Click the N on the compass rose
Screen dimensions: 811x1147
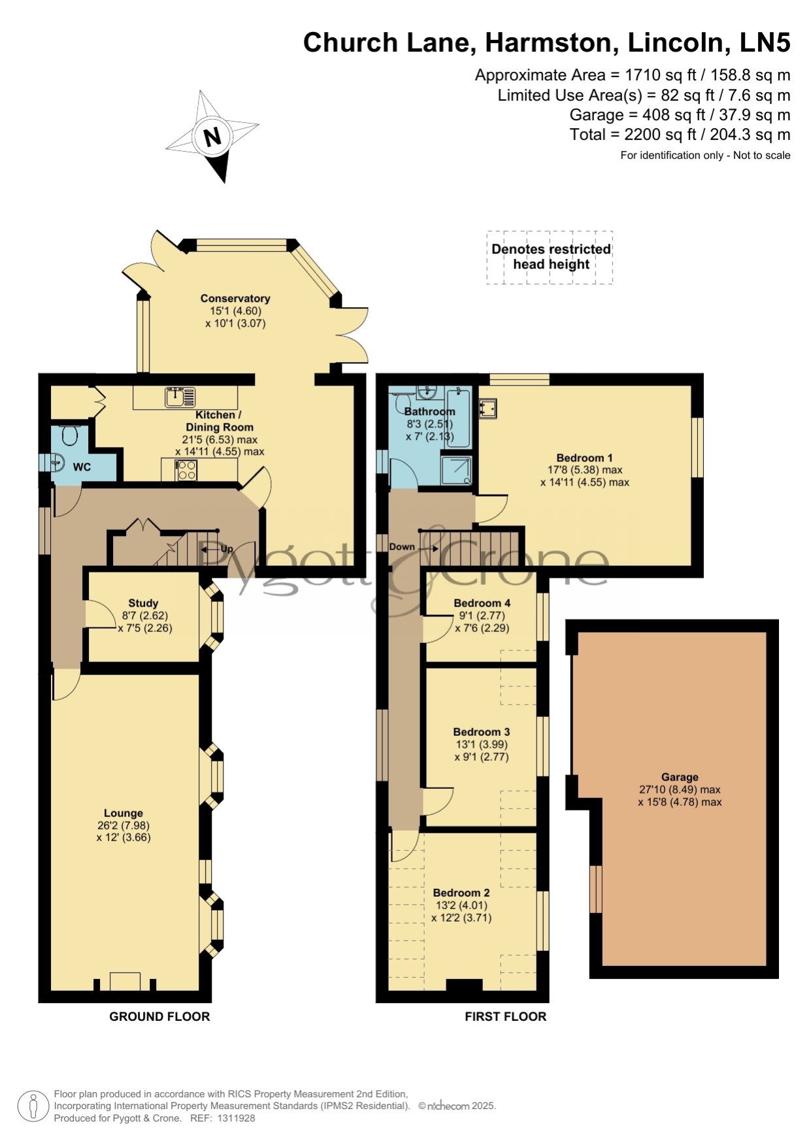212,137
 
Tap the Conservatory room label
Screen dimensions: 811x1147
235,299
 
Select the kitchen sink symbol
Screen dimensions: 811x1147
180,397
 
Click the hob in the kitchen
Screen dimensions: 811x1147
187,471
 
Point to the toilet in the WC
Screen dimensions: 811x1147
69,433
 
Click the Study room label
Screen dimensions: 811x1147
143,603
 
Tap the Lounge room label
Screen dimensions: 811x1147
124,813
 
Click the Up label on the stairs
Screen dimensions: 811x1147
226,549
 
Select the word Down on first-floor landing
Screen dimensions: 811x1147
402,547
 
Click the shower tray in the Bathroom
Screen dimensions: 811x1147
456,471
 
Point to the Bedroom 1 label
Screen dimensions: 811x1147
584,458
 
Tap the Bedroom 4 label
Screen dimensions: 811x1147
482,603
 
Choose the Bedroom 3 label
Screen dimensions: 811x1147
482,732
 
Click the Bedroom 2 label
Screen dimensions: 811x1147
461,893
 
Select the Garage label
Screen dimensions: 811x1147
680,777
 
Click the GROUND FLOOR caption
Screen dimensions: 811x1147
159,1016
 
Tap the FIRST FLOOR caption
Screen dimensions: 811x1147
506,1016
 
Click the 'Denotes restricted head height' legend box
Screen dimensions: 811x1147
550,257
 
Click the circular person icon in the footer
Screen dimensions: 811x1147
33,1107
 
